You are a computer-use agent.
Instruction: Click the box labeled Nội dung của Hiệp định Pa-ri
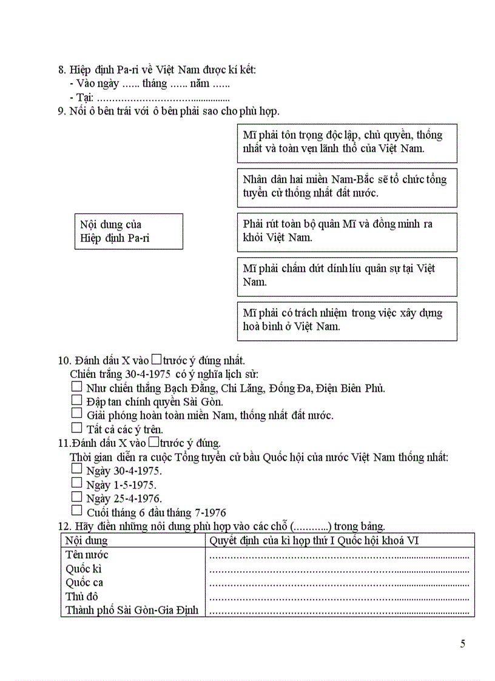pyautogui.click(x=127, y=231)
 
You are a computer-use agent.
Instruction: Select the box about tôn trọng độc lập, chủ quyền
pyautogui.click(x=346, y=143)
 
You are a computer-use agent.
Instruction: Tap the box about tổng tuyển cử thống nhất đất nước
pyautogui.click(x=346, y=187)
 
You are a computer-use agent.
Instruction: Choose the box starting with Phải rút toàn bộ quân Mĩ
pyautogui.click(x=346, y=231)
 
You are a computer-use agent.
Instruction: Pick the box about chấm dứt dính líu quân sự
pyautogui.click(x=346, y=276)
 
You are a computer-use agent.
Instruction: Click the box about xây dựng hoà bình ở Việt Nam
pyautogui.click(x=346, y=320)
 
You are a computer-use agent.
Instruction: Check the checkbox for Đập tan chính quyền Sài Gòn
pyautogui.click(x=76, y=400)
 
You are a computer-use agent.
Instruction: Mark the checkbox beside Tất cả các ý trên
pyautogui.click(x=76, y=428)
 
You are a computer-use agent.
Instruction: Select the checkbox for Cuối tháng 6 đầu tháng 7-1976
pyautogui.click(x=76, y=511)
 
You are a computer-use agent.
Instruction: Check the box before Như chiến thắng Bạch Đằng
pyautogui.click(x=76, y=386)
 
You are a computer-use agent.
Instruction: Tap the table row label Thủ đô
pyautogui.click(x=82, y=597)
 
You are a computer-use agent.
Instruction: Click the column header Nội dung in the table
pyautogui.click(x=86, y=541)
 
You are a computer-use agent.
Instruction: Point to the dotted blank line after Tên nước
pyautogui.click(x=338, y=555)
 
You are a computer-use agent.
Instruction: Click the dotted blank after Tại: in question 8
pyautogui.click(x=163, y=98)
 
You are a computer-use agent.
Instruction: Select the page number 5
pyautogui.click(x=463, y=644)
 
